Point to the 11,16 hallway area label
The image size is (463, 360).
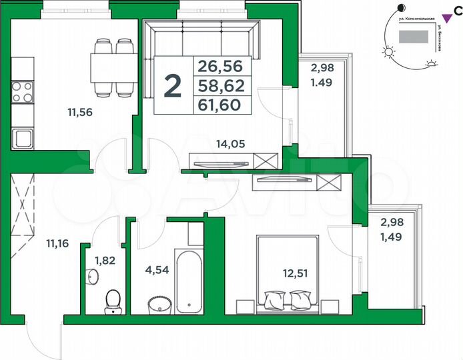57,243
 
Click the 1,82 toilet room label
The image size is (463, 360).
105,261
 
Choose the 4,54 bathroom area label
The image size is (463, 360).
157,271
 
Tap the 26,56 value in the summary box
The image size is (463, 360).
223,67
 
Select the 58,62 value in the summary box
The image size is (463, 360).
223,85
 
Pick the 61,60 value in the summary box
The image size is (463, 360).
223,105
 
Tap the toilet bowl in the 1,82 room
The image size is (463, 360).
113,299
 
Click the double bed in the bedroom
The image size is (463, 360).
288,273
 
